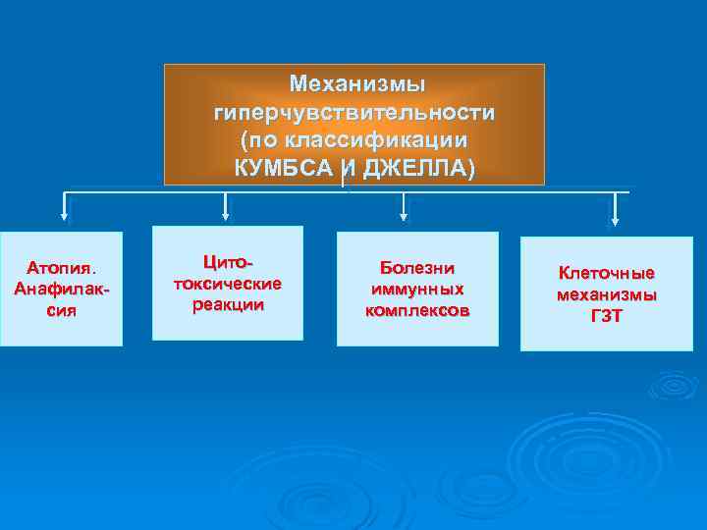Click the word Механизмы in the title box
tap(354, 83)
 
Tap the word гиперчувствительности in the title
tap(354, 112)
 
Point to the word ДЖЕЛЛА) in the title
tap(417, 168)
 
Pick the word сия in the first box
tap(61, 311)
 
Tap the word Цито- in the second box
tap(227, 262)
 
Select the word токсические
tap(227, 284)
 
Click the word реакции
tap(227, 304)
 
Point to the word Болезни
tap(417, 268)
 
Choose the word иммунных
tap(417, 290)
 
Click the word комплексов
tap(417, 311)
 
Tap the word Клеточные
tap(607, 273)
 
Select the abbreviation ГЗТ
tap(607, 316)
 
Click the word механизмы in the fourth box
tap(607, 294)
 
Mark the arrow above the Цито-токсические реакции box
tap(226, 205)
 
